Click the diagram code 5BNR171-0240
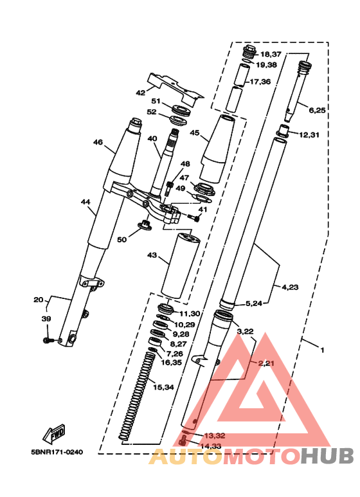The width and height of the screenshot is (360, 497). point(57,452)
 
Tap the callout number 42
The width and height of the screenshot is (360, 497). point(140,93)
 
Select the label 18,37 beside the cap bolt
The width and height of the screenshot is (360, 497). point(271,55)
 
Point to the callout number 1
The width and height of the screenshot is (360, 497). point(323,350)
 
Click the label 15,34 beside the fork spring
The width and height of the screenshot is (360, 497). point(163,387)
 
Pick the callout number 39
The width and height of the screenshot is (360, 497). point(46,319)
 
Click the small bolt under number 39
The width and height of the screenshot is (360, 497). point(48,340)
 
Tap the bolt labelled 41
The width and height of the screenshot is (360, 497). point(194,217)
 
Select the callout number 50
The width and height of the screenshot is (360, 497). point(122,240)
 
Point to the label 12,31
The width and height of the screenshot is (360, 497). point(309,135)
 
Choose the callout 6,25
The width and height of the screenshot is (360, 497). point(317,111)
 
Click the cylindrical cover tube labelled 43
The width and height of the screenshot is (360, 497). point(180,266)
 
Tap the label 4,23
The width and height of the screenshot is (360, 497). point(291,287)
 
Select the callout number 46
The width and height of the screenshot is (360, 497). point(98,142)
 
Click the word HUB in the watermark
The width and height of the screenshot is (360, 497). point(327,456)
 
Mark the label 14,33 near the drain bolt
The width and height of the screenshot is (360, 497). point(211,446)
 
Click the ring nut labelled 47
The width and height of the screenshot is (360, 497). point(203,189)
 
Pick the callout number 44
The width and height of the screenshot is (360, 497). point(85,202)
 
